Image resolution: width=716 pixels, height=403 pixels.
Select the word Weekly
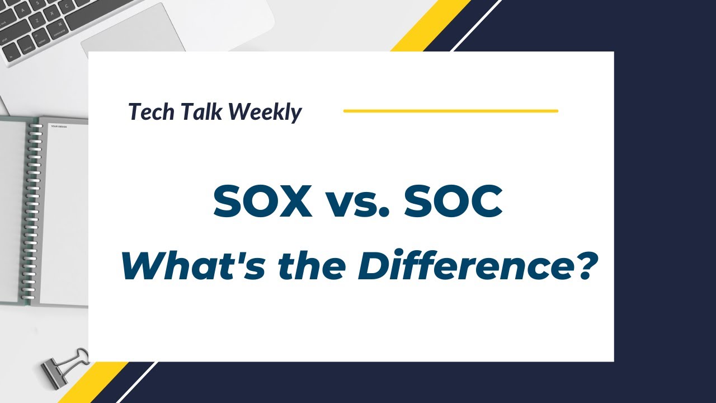pos(266,113)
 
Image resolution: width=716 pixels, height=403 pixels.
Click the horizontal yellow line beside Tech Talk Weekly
pos(450,111)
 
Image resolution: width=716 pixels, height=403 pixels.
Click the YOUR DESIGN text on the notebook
pos(59,126)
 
